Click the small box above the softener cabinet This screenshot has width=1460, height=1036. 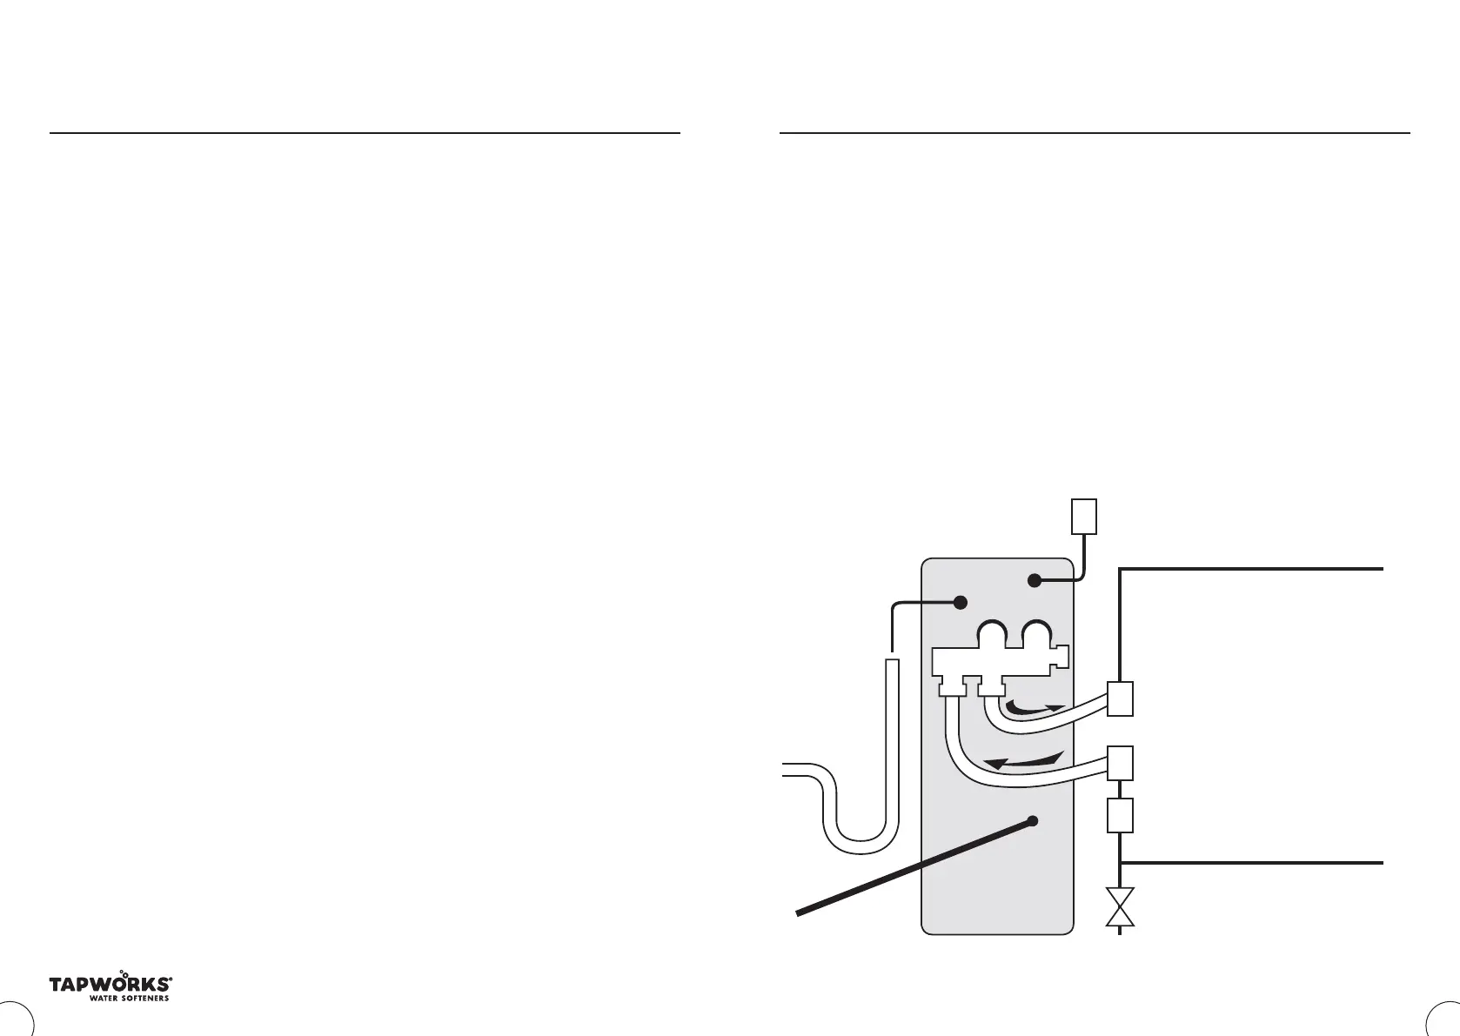[1082, 516]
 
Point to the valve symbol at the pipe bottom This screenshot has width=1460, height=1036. [1120, 908]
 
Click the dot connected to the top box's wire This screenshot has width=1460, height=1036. [1034, 580]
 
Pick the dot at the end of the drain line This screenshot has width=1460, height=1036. [961, 602]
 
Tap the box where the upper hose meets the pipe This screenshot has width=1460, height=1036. [1120, 698]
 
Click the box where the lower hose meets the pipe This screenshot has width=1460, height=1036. [1120, 763]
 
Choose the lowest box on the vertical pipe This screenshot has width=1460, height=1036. [1120, 815]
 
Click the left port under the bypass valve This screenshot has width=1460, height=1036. [952, 689]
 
